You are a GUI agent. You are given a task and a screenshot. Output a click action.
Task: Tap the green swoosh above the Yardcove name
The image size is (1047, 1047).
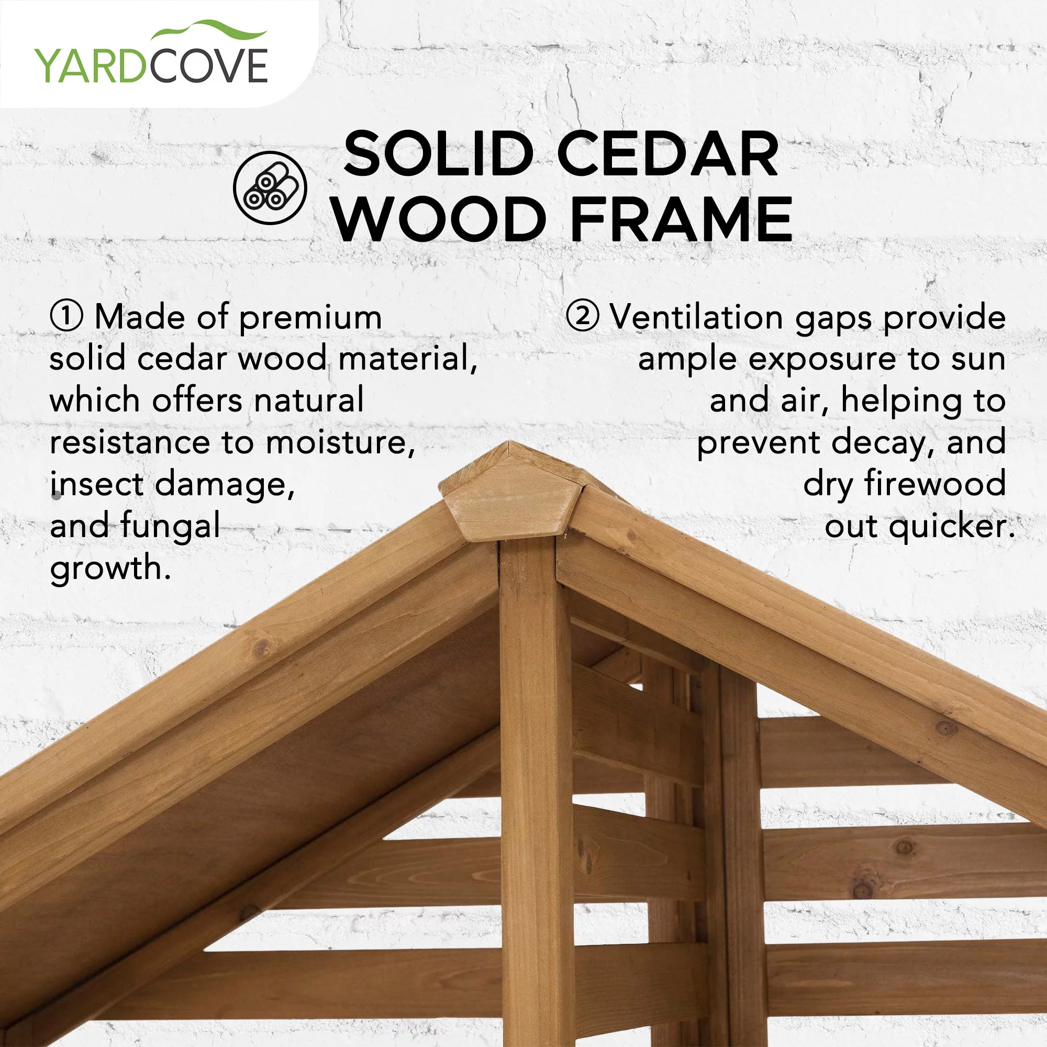pos(209,30)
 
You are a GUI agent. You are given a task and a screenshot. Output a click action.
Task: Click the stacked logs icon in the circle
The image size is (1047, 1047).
pos(270,188)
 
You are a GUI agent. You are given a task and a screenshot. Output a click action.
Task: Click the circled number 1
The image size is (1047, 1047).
pos(66,317)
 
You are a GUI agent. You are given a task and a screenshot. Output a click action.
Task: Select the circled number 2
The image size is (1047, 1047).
pos(583,317)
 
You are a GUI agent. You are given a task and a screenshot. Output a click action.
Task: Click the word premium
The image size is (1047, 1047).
pos(310,319)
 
